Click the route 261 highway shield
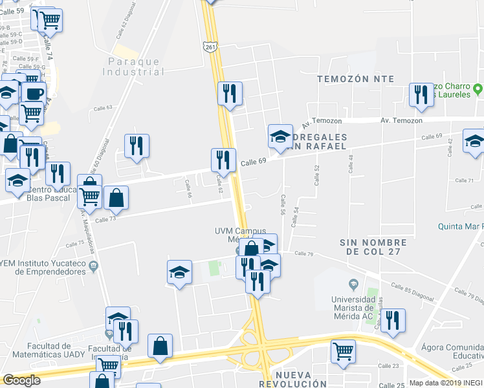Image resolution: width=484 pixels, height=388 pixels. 210,47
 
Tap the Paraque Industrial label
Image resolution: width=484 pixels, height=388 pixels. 134,67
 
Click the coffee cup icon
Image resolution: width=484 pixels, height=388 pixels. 34,92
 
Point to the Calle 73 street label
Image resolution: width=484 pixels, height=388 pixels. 105,220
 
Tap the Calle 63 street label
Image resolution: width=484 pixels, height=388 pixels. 104,108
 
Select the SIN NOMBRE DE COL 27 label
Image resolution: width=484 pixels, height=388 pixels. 373,247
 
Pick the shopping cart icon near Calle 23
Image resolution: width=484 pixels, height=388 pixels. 343,351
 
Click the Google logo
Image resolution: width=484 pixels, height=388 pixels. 21,380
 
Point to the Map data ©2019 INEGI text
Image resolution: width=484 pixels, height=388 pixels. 446,383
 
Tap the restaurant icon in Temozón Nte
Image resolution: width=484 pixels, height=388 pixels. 421,94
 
